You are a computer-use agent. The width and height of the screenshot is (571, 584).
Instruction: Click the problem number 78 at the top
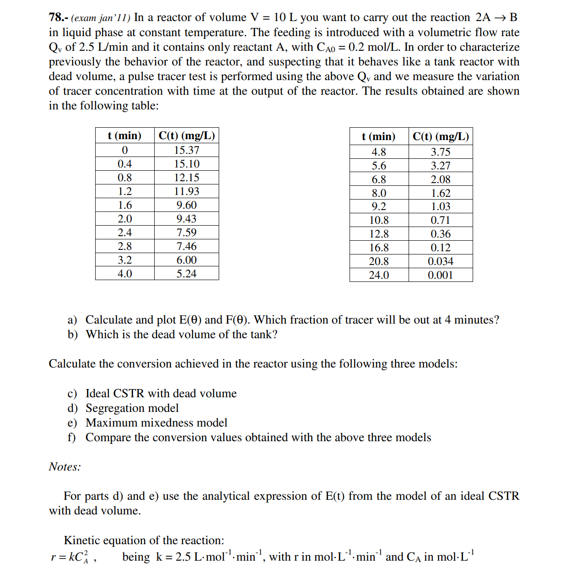click(x=57, y=17)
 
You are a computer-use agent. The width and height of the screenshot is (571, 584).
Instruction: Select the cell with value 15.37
click(x=186, y=150)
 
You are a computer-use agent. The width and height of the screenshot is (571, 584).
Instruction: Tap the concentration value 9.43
click(x=186, y=219)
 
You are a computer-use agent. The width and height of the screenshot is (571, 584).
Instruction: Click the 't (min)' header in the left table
click(x=124, y=135)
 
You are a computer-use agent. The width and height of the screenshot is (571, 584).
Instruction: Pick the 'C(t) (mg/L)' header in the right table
click(x=440, y=136)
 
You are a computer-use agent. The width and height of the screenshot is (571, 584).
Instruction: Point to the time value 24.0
click(x=379, y=275)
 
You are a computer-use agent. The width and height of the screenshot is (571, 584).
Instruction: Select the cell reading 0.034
click(x=440, y=261)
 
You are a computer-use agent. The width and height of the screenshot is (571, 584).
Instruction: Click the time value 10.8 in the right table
click(x=379, y=220)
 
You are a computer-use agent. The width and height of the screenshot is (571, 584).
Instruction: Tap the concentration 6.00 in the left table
click(x=186, y=260)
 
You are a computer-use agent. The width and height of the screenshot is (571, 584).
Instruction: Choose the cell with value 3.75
click(x=440, y=152)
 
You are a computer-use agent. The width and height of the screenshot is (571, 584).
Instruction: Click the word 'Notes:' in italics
click(x=65, y=467)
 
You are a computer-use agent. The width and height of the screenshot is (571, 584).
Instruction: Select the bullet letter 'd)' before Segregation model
click(x=72, y=408)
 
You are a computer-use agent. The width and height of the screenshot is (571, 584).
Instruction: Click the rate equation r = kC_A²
click(x=70, y=557)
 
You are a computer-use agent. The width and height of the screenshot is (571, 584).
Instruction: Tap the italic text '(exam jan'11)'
click(x=101, y=18)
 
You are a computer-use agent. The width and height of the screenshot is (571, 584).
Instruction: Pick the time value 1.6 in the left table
click(x=124, y=205)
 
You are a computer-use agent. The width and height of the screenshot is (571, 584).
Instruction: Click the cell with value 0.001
click(x=440, y=275)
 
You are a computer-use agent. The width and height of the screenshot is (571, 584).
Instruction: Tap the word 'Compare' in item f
click(x=108, y=438)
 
